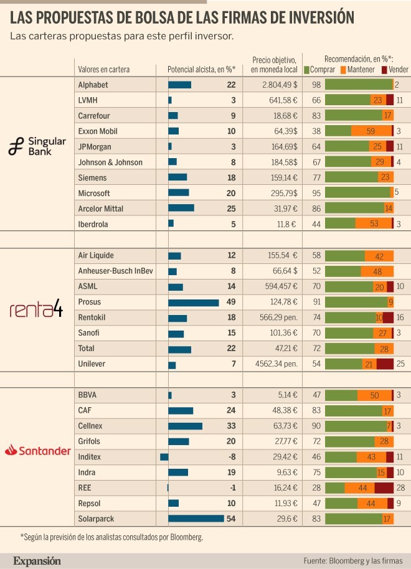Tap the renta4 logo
37,309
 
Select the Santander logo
37,449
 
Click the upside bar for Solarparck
196,518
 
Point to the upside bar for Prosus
194,303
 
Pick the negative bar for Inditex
164,457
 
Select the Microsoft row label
94,194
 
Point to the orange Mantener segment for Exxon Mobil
371,131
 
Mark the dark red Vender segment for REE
384,487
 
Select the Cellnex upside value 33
231,426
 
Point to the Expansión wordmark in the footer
37,560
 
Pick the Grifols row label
90,441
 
